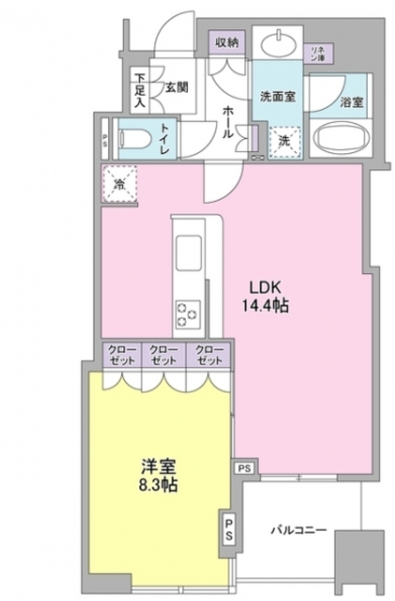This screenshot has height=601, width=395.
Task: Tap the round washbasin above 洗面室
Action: click(279, 45)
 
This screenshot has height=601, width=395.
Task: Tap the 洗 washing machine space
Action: click(283, 141)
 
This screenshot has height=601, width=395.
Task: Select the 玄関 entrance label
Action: click(177, 87)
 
